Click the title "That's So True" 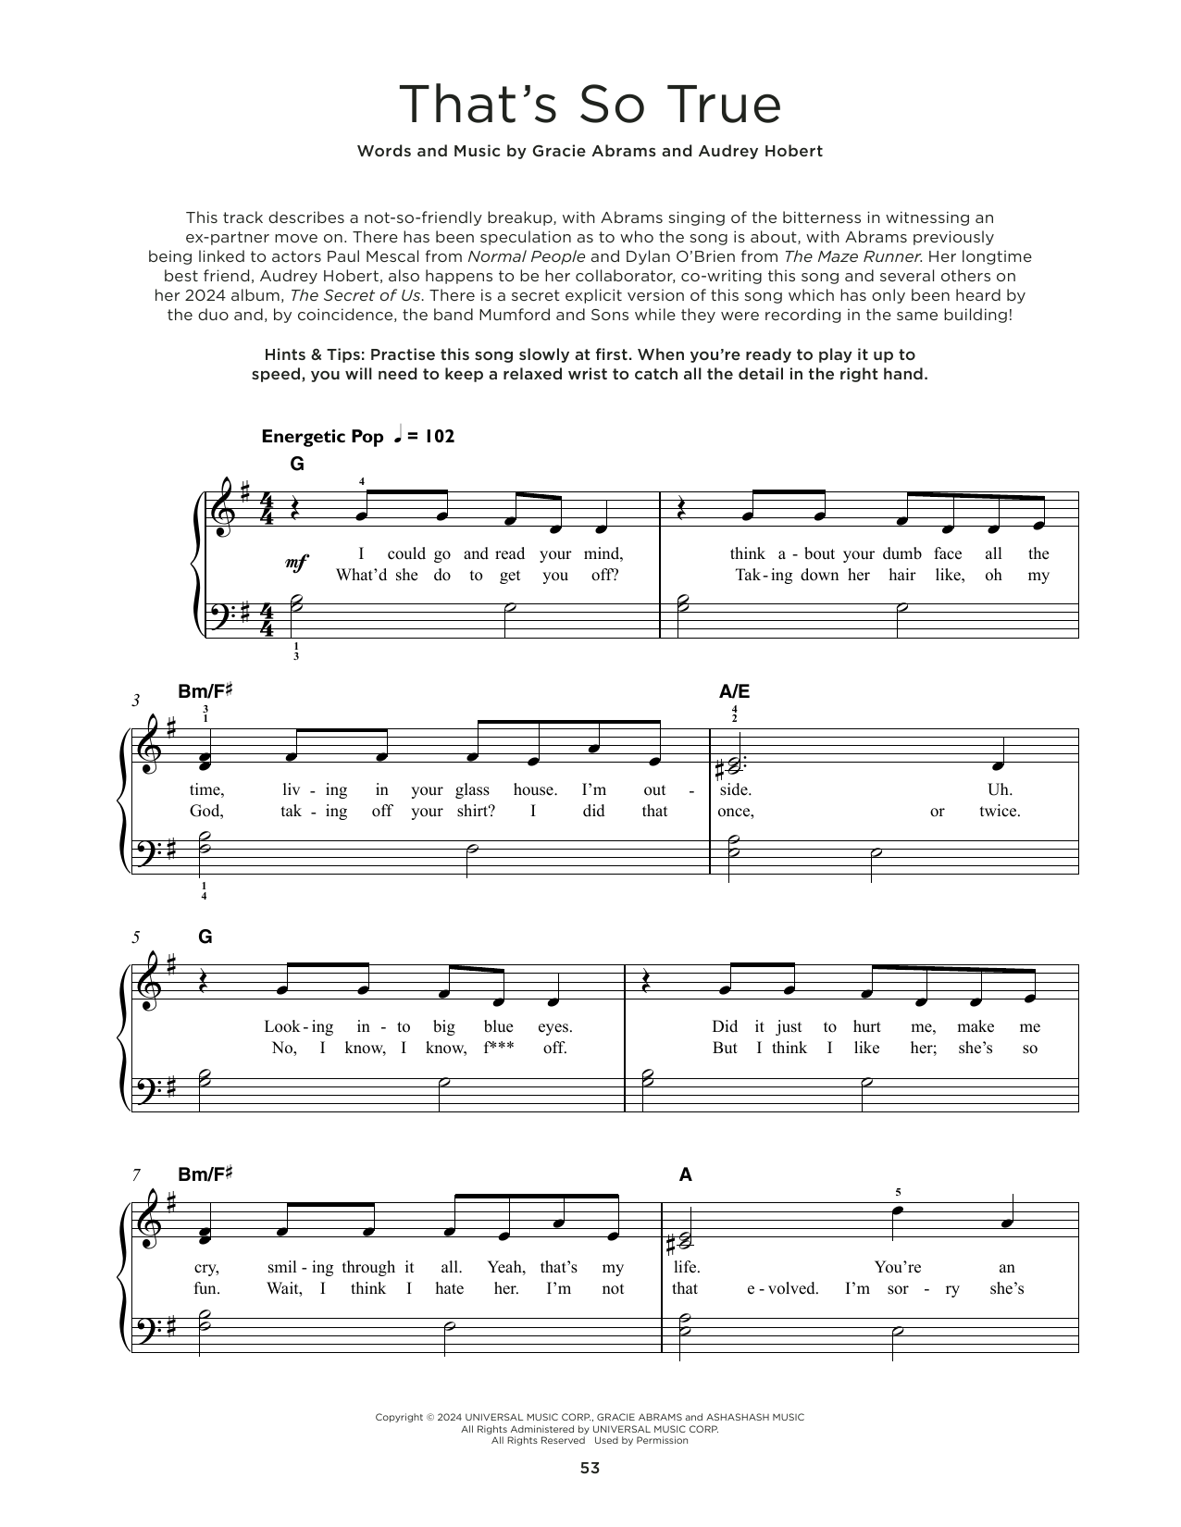tap(590, 105)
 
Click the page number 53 tap(590, 1468)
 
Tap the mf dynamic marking tap(296, 563)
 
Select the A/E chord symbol tap(734, 691)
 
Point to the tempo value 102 tap(437, 437)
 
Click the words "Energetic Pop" tap(322, 437)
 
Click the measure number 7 tap(136, 1174)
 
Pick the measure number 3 tap(136, 701)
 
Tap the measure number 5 tap(136, 937)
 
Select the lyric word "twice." tap(1000, 811)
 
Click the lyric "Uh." tap(1001, 789)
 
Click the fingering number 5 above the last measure tap(897, 1192)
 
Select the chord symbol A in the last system tap(686, 1174)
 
